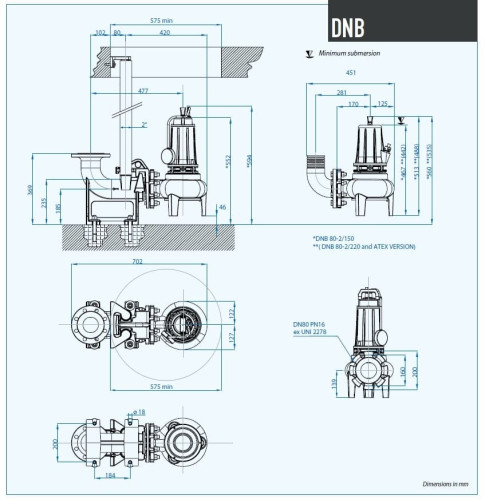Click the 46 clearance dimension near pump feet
(222, 206)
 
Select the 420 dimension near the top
(163, 33)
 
